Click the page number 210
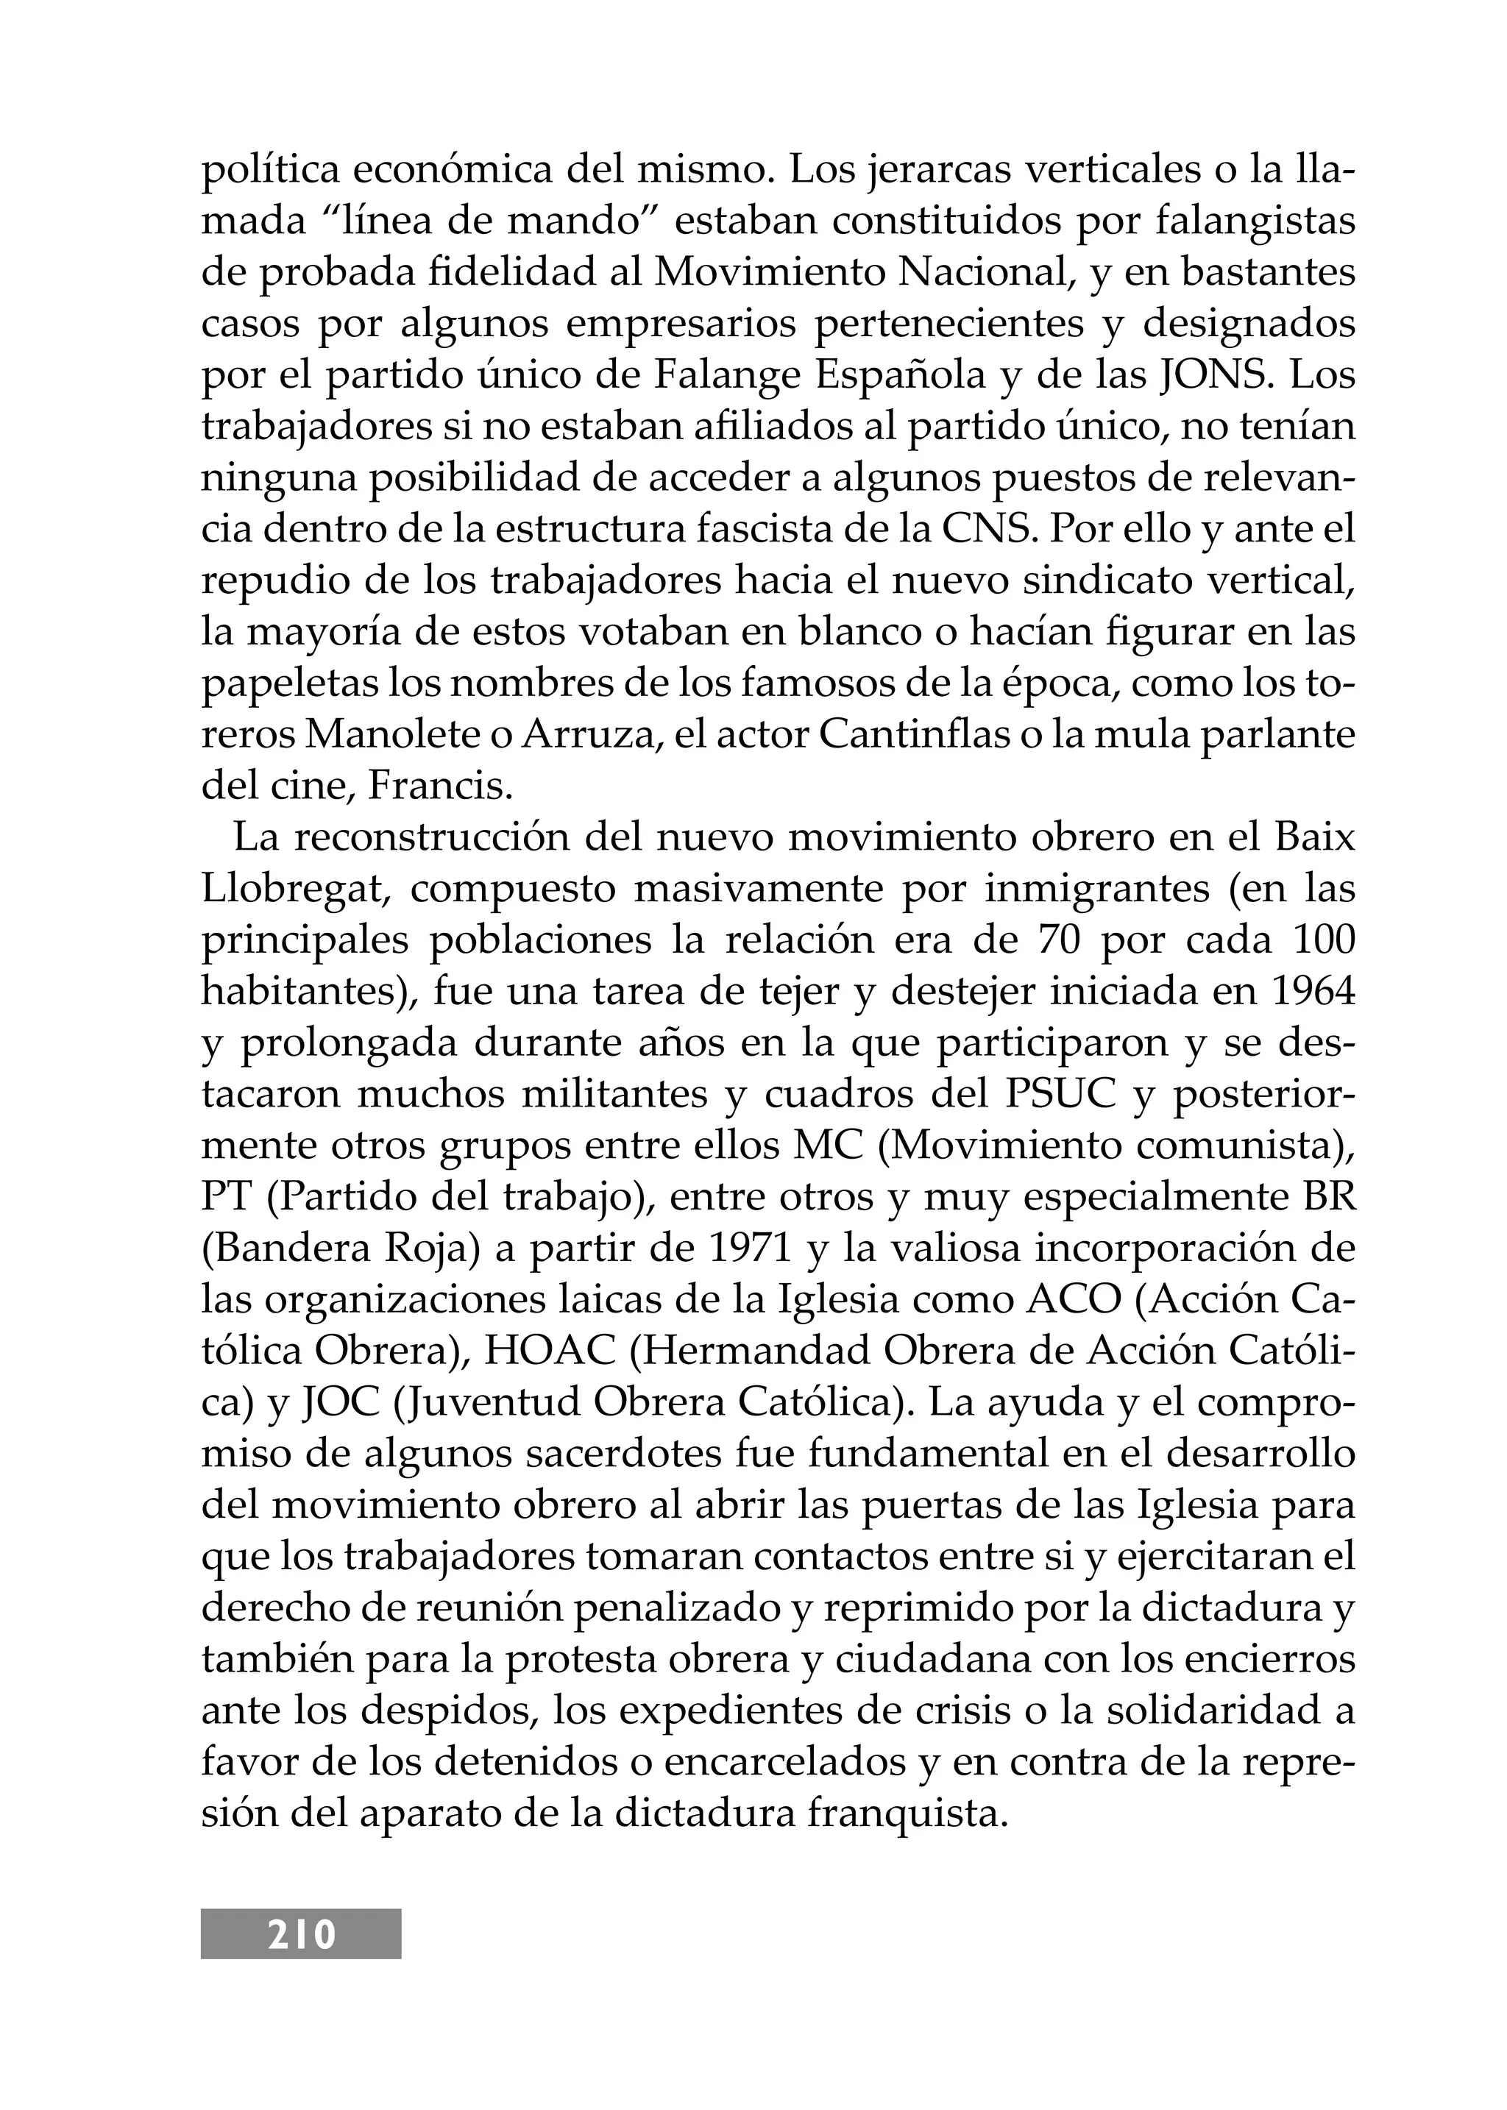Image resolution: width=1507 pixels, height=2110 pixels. pos(302,1933)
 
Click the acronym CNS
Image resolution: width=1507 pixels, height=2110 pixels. pos(990,529)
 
